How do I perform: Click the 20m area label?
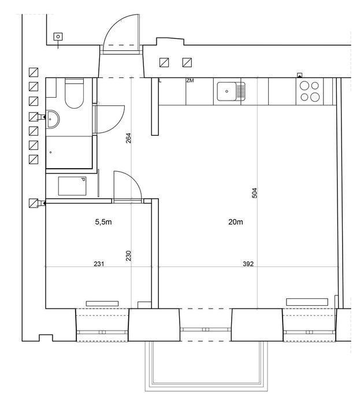point(236,222)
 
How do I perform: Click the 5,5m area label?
point(103,222)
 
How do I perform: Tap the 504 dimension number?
point(254,193)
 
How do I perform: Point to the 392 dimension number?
point(248,264)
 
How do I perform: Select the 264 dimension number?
point(128,138)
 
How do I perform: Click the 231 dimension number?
point(99,264)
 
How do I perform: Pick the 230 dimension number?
point(128,256)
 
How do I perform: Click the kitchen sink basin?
point(227,91)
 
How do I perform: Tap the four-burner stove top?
point(310,91)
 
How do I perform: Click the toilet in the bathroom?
point(74,93)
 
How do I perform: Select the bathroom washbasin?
point(53,119)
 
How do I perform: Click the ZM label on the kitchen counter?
point(190,81)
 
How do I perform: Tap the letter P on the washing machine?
point(83,180)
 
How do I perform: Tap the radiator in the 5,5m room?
point(102,303)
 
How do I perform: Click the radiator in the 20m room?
point(307,302)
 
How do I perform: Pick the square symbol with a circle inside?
point(58,36)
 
